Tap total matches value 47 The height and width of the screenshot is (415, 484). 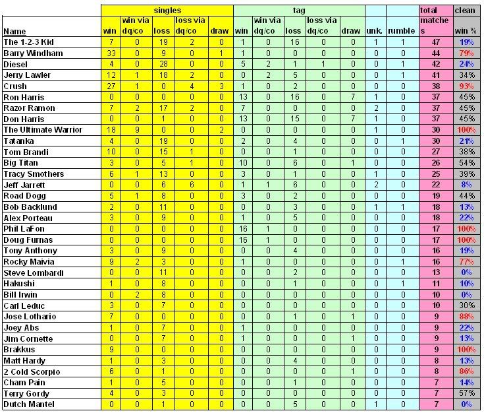click(435, 41)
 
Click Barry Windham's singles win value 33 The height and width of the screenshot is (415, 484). click(111, 52)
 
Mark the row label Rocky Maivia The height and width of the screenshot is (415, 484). click(25, 262)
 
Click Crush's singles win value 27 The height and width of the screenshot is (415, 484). click(111, 86)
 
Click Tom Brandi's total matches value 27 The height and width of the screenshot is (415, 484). click(435, 152)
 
